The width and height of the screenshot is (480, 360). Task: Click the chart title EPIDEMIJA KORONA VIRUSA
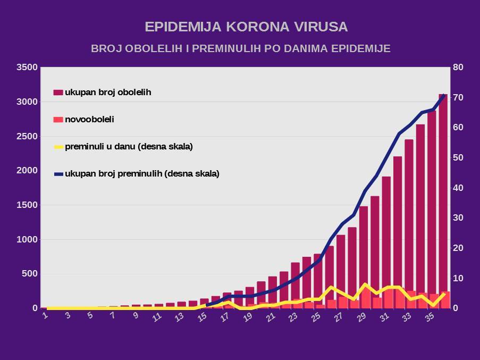(247, 27)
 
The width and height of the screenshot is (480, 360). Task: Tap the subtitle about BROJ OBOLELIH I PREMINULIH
(241, 48)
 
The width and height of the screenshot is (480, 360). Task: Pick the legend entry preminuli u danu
(128, 146)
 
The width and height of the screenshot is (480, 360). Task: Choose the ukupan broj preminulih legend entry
(141, 173)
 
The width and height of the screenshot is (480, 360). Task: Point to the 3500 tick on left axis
(27, 68)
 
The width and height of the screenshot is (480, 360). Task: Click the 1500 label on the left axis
(27, 205)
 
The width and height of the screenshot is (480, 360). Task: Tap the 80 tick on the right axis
(458, 68)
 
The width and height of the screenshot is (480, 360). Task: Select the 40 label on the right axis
(458, 188)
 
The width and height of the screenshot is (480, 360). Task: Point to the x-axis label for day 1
(46, 316)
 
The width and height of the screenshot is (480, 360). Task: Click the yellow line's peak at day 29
(364, 284)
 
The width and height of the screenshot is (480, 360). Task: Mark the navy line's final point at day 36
(444, 95)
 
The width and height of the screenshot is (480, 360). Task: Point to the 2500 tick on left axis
(27, 137)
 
